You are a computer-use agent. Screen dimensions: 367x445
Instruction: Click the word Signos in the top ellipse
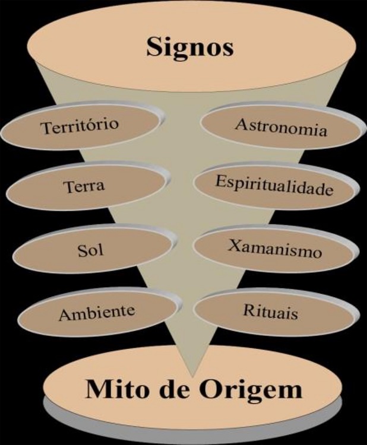[x=190, y=47]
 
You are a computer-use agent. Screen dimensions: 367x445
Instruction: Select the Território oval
[x=80, y=127]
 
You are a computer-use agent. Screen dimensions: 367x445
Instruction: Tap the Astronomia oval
[x=280, y=127]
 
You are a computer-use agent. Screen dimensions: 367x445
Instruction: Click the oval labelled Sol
[x=91, y=249]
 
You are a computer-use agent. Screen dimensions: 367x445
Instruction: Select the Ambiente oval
[x=96, y=311]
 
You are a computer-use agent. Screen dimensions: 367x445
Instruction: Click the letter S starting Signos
[x=154, y=47]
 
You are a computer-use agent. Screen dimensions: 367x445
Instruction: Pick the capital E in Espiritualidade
[x=220, y=182]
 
